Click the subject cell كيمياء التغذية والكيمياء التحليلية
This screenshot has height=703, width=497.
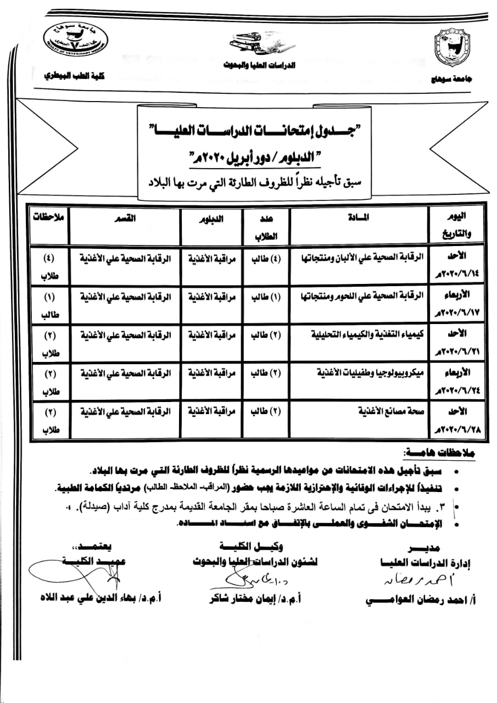point(367,334)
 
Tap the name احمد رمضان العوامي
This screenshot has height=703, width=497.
point(414,600)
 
